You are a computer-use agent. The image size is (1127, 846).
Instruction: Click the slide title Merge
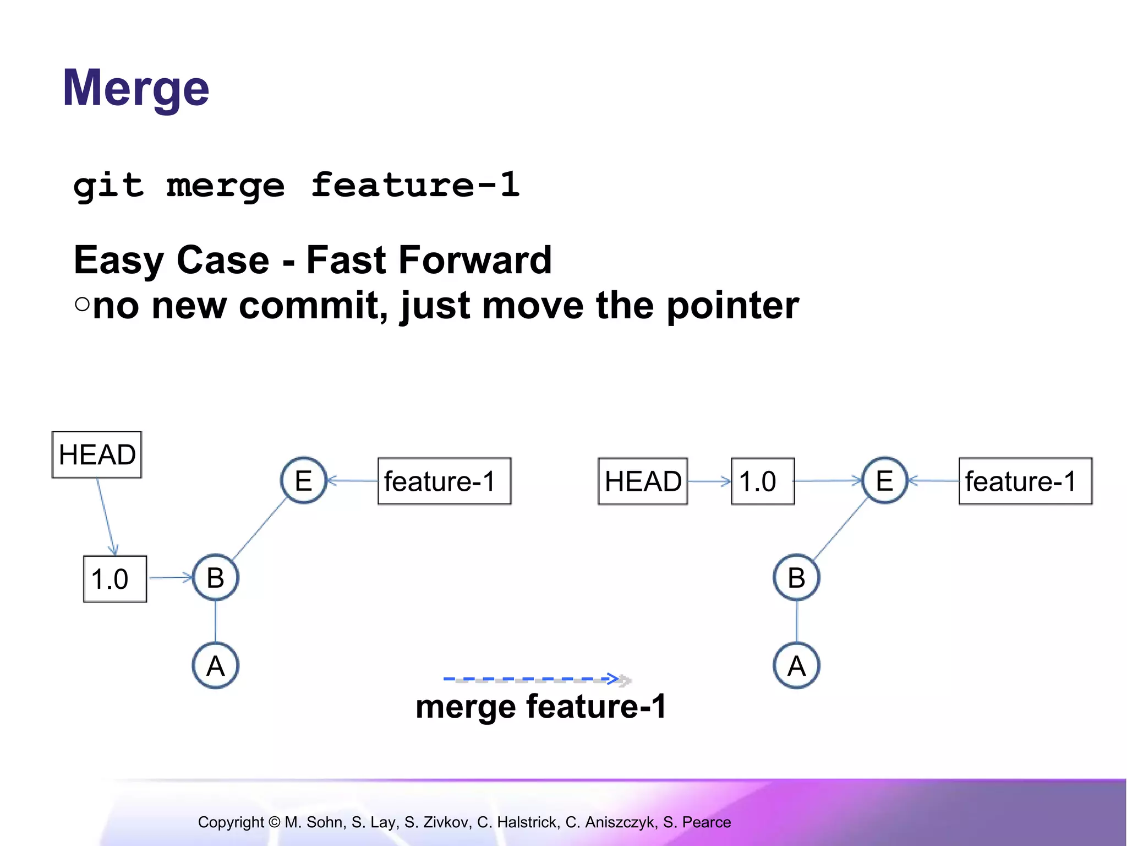pyautogui.click(x=136, y=88)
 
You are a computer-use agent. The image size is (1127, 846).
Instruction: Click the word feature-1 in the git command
pyautogui.click(x=415, y=185)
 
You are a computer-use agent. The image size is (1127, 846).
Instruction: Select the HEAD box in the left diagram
pyautogui.click(x=97, y=455)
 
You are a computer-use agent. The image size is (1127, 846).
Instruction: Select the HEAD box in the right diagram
pyautogui.click(x=643, y=481)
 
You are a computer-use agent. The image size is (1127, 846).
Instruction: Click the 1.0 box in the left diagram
pyautogui.click(x=114, y=579)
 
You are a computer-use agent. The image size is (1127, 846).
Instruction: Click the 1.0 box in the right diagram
pyautogui.click(x=762, y=481)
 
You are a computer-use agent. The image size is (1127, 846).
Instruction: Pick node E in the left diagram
pyautogui.click(x=304, y=481)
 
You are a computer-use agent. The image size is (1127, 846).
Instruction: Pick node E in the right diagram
pyautogui.click(x=884, y=481)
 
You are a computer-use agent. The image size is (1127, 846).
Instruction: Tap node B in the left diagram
pyautogui.click(x=216, y=578)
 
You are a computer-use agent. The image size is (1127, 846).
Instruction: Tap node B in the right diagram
pyautogui.click(x=796, y=578)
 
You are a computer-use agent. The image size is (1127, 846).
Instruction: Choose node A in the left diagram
pyautogui.click(x=216, y=666)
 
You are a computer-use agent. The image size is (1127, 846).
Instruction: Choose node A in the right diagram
pyautogui.click(x=796, y=666)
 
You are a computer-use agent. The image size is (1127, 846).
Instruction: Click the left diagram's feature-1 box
pyautogui.click(x=444, y=481)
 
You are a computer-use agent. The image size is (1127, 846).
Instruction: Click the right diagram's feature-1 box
pyautogui.click(x=1025, y=481)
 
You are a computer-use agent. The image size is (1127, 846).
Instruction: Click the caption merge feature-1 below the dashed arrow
pyautogui.click(x=541, y=707)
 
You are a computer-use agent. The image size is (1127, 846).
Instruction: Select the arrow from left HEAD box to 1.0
pyautogui.click(x=107, y=517)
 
